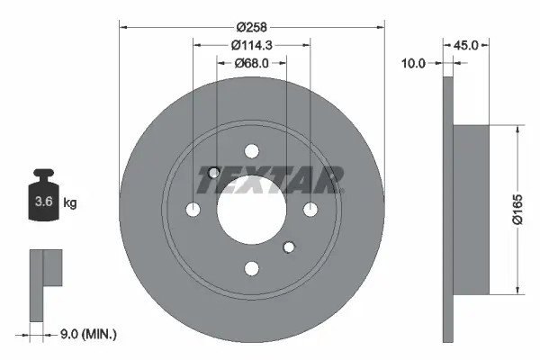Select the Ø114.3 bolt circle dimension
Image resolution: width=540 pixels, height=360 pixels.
(252, 45)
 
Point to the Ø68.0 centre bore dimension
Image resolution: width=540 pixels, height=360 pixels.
(252, 63)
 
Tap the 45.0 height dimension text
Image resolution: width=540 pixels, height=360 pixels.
(467, 44)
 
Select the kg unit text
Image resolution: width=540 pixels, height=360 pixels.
(69, 203)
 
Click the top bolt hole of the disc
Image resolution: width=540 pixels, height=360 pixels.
(252, 150)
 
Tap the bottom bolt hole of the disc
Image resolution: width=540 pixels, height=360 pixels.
(252, 267)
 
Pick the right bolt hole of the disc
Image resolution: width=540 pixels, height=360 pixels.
(310, 209)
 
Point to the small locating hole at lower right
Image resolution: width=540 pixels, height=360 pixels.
(289, 246)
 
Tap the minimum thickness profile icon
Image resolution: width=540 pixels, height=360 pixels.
(45, 283)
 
